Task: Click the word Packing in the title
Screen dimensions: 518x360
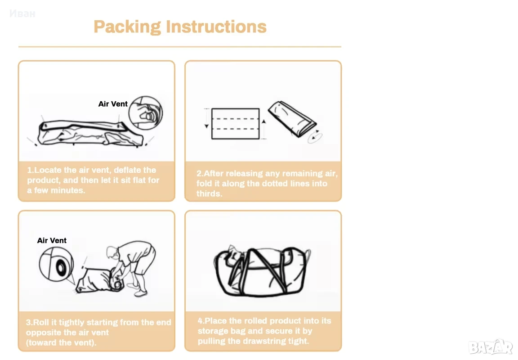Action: coord(127,27)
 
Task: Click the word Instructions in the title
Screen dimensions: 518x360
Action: coord(216,27)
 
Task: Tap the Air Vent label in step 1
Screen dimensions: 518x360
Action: coord(113,104)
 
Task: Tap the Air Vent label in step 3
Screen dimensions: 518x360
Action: coord(52,240)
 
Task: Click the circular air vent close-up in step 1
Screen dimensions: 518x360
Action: coord(145,113)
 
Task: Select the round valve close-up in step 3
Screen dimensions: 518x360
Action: coord(56,264)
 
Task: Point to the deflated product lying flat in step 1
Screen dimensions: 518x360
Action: coord(90,133)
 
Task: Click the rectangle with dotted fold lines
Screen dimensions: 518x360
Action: coord(235,124)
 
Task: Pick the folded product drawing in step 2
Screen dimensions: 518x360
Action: coord(292,119)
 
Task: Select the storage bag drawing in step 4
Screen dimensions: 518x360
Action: coord(262,271)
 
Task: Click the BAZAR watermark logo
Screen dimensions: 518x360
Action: coord(490,347)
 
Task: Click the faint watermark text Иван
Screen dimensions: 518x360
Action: coord(22,13)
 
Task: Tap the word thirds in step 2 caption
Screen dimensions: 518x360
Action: coord(209,193)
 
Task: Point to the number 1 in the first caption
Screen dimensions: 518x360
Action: coord(29,170)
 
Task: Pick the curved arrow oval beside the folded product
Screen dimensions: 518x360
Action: coord(315,137)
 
